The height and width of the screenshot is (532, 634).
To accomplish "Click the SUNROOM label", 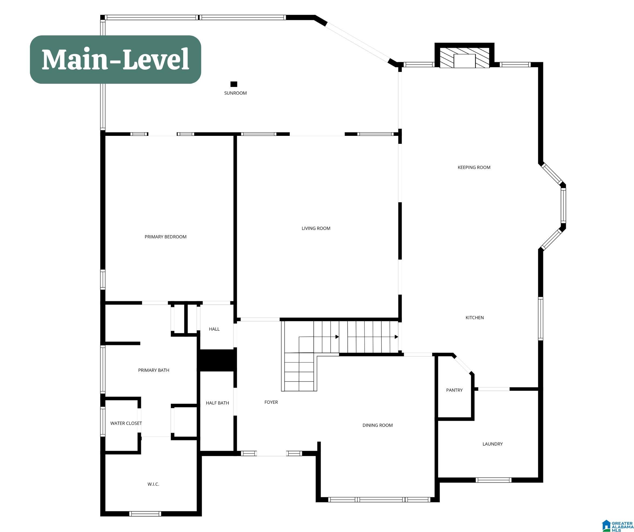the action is coord(235,93).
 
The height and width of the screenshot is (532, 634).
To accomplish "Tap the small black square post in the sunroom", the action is coord(234,84).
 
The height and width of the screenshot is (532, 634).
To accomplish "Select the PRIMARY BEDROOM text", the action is coord(165,237).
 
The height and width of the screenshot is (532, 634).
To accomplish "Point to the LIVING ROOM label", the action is coord(316,228).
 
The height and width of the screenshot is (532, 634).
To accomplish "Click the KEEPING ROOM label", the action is coord(474,167).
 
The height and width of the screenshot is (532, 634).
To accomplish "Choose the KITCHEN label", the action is coord(475,317).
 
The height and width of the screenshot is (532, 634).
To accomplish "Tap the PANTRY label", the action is coord(454,390).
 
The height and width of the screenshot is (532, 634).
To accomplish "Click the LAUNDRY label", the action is coord(492,444).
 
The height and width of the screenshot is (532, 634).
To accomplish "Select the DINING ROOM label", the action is coord(377,425).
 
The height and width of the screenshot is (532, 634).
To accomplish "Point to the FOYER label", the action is coord(271,402).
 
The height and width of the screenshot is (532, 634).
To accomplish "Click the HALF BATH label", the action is coord(217,403).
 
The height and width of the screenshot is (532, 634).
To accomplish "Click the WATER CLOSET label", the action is coord(126,423).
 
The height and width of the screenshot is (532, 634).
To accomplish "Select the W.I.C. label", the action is coord(153,484).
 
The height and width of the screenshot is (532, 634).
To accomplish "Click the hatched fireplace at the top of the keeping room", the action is coord(464,58).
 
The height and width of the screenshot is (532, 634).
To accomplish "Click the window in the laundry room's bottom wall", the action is coord(493,480).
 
